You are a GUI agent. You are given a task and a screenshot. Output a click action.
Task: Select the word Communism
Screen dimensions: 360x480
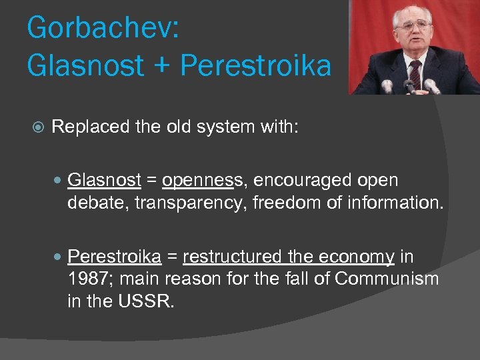click(387, 278)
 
